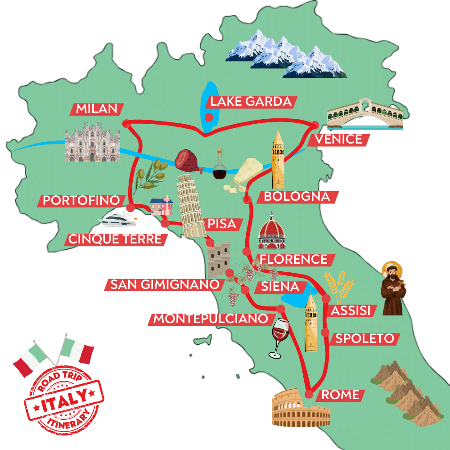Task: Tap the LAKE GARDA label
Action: [x=250, y=102]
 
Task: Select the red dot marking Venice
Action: [x=315, y=125]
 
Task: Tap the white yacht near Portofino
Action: [x=118, y=220]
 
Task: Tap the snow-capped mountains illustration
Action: [x=285, y=53]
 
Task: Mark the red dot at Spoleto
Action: [x=325, y=332]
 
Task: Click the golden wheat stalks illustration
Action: [x=339, y=284]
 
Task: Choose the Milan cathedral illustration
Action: [x=92, y=143]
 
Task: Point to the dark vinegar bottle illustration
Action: [x=220, y=166]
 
